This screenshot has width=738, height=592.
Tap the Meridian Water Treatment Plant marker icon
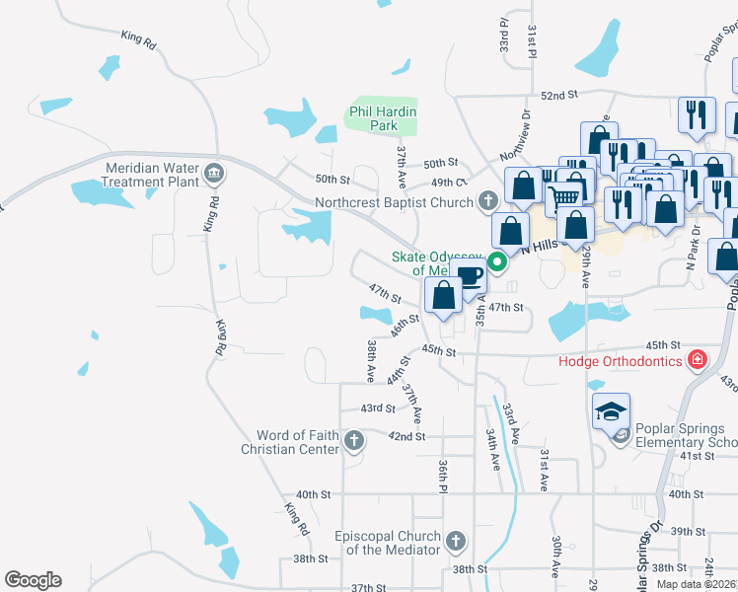(x=214, y=176)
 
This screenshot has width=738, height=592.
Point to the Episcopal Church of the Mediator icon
(x=455, y=541)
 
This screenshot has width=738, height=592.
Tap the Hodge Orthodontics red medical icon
(x=698, y=359)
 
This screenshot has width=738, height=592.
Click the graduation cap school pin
(x=611, y=410)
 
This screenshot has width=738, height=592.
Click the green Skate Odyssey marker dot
(x=498, y=262)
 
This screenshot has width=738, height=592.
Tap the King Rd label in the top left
(x=139, y=40)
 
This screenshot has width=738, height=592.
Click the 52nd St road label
(x=558, y=95)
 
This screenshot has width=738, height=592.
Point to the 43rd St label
(x=377, y=407)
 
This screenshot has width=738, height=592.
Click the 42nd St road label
(x=406, y=436)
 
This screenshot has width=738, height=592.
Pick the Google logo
(x=33, y=580)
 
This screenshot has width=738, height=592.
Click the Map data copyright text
(x=695, y=584)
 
